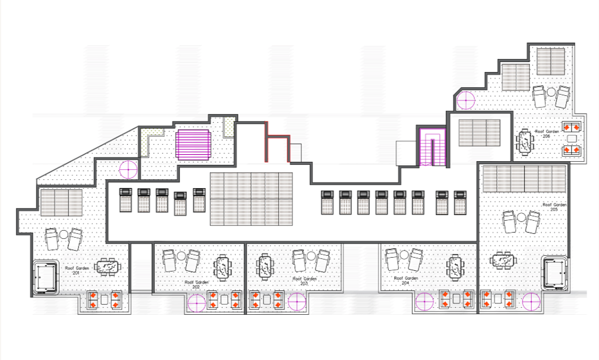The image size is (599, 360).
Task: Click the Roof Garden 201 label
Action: (x=76, y=270)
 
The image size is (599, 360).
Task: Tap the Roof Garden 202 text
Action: (x=197, y=283)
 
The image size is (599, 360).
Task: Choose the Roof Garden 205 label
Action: (x=554, y=206)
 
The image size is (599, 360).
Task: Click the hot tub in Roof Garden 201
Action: (x=46, y=277)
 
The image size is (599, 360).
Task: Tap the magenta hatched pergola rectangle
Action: (x=194, y=144)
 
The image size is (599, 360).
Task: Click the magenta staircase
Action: (x=432, y=147)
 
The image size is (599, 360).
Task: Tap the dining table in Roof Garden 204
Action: (x=454, y=267)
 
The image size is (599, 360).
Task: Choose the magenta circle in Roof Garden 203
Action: (x=297, y=302)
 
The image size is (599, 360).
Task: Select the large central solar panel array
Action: (x=251, y=199)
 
